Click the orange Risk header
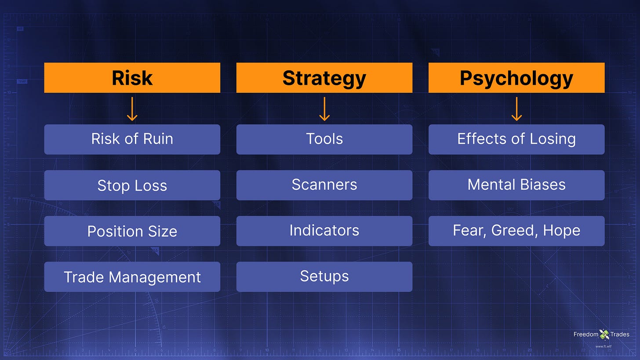coord(132,77)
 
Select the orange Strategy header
coord(324,77)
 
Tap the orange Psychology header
coord(516,77)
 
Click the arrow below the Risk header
coord(132,109)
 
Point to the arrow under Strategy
coord(324,109)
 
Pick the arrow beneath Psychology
coord(516,109)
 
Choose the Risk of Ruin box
coord(132,139)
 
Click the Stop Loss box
coord(132,185)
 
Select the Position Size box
coord(132,231)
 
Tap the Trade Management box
coord(132,276)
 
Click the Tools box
coord(324,139)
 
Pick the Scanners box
coord(324,185)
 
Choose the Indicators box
coord(324,231)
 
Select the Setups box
coord(324,276)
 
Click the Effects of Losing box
coord(516,139)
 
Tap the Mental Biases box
coord(516,185)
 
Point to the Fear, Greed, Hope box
coord(516,231)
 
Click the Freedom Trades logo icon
coord(604,334)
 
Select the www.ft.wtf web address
coord(604,346)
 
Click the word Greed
coord(512,231)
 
